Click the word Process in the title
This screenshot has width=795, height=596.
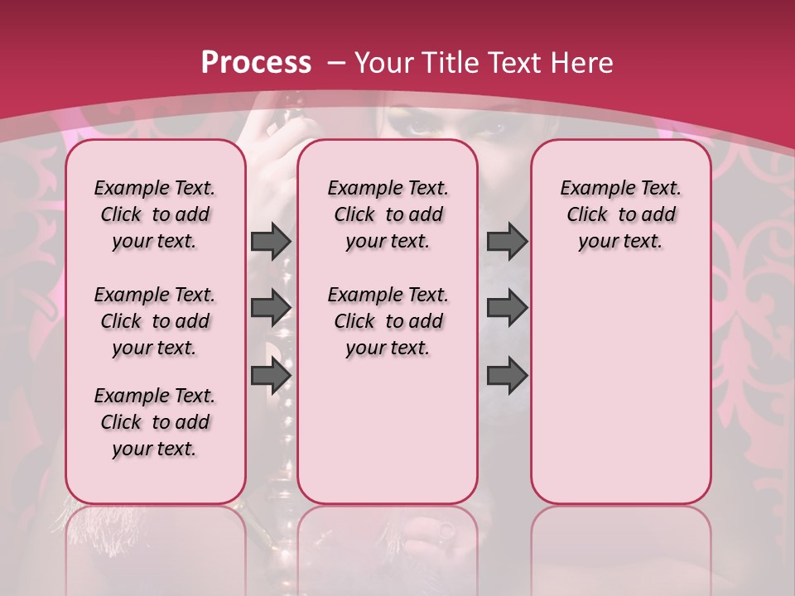point(256,63)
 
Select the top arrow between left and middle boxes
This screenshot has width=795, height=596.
point(271,241)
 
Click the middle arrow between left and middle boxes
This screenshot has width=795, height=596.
point(271,307)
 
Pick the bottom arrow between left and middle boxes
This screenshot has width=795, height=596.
point(271,375)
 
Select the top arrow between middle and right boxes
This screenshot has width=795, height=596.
point(507,241)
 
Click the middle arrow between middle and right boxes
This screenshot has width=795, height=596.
point(507,307)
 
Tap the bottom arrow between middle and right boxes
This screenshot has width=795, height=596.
point(507,375)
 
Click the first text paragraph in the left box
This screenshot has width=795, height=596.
point(155,214)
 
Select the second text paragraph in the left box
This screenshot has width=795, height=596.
point(155,321)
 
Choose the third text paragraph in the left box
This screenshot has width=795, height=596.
point(155,422)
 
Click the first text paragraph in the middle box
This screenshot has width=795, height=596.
point(388,214)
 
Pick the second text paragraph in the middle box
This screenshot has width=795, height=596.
point(388,321)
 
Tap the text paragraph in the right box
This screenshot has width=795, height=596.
point(620,214)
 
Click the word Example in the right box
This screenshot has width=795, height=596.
point(591,189)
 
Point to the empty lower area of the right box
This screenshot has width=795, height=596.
point(620,389)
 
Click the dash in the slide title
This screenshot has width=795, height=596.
point(336,64)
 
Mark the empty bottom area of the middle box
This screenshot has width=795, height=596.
point(388,439)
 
